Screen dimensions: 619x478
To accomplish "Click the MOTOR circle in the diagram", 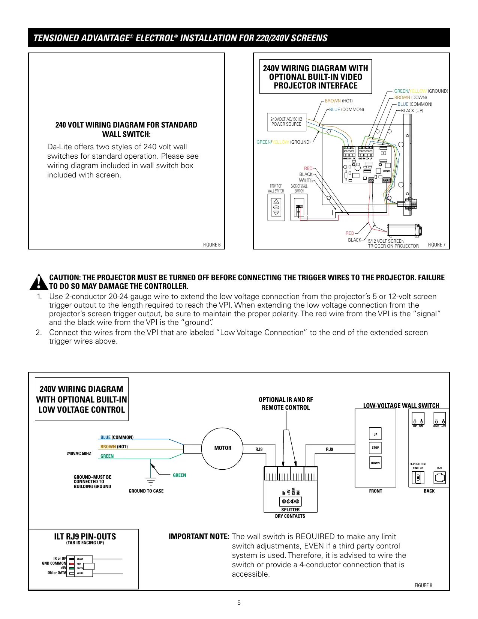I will tap(223, 448).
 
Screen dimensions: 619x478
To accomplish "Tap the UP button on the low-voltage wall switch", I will tap(375, 434).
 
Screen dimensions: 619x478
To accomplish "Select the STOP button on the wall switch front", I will tap(375, 448).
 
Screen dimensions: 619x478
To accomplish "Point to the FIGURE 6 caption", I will tap(212, 245).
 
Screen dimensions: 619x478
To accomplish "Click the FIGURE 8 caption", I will tap(423, 585).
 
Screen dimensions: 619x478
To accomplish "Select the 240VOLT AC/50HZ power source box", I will tap(286, 122).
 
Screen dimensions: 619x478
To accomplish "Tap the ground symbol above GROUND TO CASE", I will tap(151, 481).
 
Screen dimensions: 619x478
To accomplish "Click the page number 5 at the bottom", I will tap(239, 603).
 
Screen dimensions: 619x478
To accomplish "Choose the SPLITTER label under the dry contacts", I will tap(291, 510).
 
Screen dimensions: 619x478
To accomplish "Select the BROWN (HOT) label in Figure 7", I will tap(339, 101).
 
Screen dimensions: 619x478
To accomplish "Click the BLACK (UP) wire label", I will tap(412, 111).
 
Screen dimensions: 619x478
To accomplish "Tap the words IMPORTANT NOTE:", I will tap(199, 536).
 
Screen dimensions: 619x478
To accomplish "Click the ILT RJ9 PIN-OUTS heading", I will tap(85, 536).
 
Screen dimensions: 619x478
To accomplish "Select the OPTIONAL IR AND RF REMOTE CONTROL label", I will tap(286, 404).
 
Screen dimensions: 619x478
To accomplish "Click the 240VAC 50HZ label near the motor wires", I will tap(79, 454).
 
